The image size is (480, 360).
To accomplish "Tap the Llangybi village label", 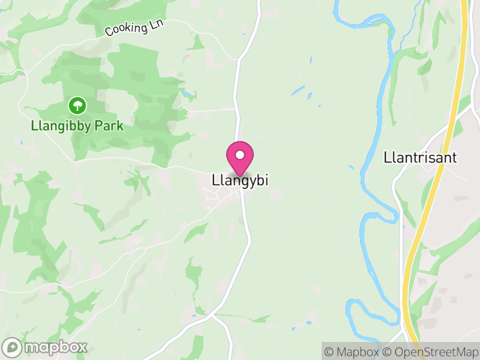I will click(239, 180).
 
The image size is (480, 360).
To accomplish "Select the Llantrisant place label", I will click(420, 158).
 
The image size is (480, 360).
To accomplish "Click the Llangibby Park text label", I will click(77, 126).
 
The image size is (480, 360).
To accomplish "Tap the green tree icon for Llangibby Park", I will click(77, 106).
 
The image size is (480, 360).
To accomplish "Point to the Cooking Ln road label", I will click(134, 27).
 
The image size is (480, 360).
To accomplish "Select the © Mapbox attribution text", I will click(353, 352).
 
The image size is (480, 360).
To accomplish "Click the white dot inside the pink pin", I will click(240, 155).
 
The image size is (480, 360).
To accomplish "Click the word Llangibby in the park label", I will click(63, 126).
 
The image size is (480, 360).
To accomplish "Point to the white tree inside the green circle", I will click(77, 106).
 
